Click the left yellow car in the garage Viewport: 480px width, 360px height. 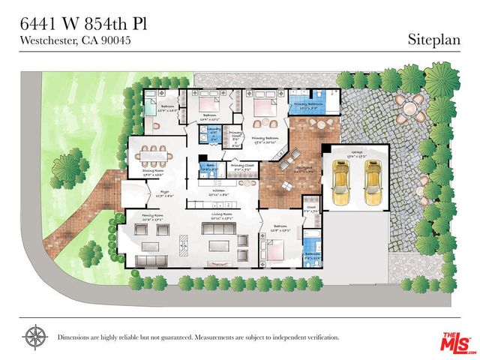pos(342,185)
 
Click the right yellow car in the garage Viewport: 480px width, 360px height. pos(372,185)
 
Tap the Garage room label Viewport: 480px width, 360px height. pos(357,154)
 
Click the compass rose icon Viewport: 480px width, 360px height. pos(34,336)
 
